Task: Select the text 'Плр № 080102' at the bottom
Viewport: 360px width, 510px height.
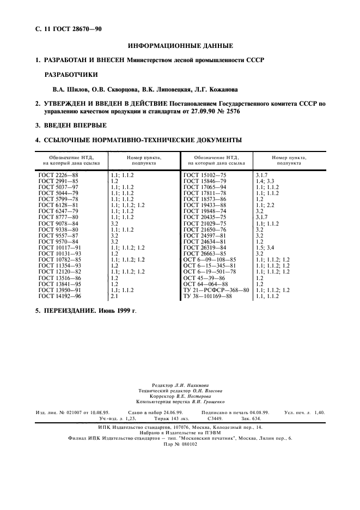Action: (180, 444)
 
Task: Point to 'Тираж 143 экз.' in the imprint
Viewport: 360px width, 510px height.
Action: (168, 418)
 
